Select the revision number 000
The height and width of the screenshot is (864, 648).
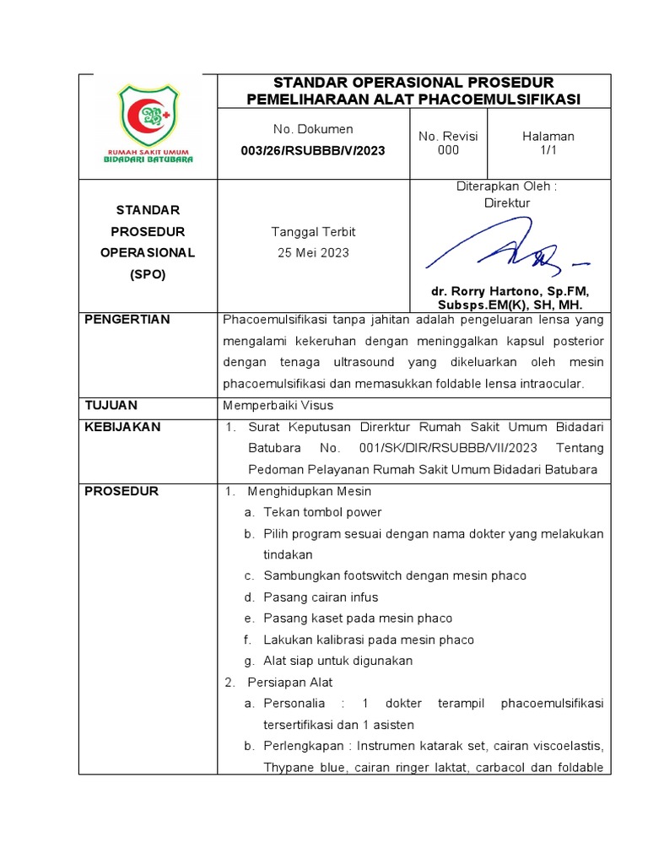(447, 151)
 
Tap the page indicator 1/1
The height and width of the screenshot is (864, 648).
(548, 151)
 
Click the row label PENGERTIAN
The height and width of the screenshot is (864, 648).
(127, 320)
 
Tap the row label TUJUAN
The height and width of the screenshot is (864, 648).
(111, 406)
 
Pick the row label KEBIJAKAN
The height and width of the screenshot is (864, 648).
(122, 427)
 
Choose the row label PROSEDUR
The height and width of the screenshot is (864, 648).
(121, 491)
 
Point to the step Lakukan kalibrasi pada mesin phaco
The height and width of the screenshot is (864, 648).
(369, 640)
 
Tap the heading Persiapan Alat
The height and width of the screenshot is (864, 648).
(290, 682)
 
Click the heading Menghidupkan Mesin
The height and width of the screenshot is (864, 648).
(309, 491)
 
